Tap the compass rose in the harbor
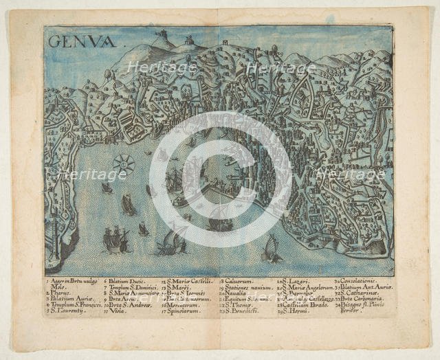124,163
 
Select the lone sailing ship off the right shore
270,249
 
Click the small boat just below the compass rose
107,187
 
